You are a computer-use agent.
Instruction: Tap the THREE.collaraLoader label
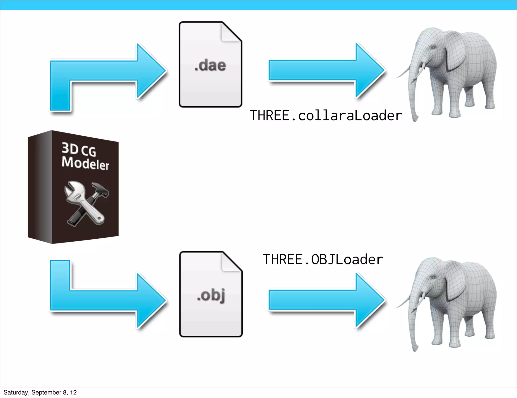tap(326, 116)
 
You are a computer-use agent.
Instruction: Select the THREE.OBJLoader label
tap(323, 259)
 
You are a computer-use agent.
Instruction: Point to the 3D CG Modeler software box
tap(73, 187)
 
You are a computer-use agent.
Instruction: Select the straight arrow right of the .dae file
tap(326, 71)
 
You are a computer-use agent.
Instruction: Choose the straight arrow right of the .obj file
tap(326, 301)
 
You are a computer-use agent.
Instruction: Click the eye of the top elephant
tap(433, 47)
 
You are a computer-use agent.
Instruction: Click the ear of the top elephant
tap(454, 53)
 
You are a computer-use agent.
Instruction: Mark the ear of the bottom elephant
tap(454, 283)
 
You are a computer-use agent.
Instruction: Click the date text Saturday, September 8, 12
tap(40, 392)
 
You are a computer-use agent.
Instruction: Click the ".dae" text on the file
tap(210, 65)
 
